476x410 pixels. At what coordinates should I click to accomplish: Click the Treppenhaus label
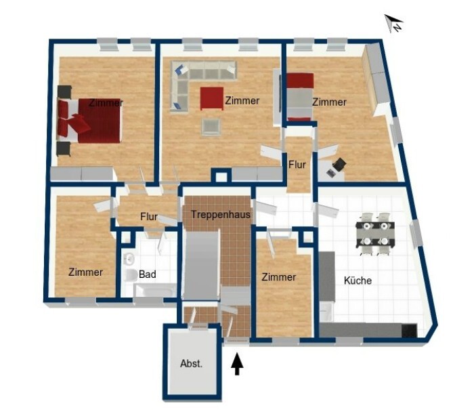pos(221,215)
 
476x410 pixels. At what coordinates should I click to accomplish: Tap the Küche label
pos(358,280)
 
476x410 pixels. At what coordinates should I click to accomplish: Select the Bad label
pos(148,274)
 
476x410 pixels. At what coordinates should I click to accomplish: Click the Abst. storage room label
pos(191,363)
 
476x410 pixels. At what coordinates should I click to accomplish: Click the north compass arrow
pos(394,23)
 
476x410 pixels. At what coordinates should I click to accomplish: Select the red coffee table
pos(211,98)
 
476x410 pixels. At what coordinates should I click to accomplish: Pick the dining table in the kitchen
pos(375,234)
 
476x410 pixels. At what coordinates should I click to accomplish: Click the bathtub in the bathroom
pos(155,290)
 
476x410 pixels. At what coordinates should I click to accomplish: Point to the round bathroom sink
pos(129,259)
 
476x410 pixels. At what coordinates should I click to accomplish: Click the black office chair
pos(340,164)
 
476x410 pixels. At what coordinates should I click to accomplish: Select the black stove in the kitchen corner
pos(409,331)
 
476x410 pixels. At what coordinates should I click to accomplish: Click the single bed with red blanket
pos(300,97)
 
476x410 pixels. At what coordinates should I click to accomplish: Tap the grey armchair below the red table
pos(211,127)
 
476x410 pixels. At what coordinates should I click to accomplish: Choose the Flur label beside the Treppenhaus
pos(149,217)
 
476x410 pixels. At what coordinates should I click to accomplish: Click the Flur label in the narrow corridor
pos(297,165)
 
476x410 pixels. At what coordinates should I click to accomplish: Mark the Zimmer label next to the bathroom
pos(85,272)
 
